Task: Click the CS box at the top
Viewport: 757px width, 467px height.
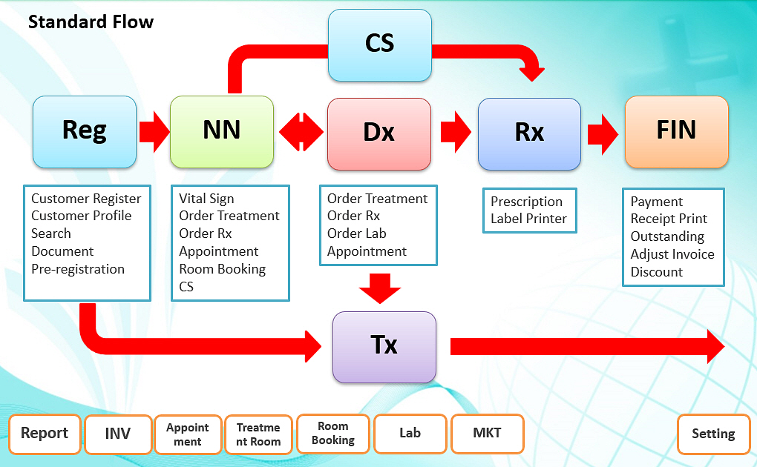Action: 380,45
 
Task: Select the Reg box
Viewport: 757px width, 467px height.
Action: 85,132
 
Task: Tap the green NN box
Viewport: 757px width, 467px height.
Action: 222,132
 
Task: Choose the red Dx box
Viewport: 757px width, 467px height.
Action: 379,133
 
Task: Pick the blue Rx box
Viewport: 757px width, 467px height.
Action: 530,133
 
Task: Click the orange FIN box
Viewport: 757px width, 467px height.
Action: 677,132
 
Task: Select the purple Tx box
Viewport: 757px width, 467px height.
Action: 384,348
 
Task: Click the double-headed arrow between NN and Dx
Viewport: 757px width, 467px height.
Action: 301,132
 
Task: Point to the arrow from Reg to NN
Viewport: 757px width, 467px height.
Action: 154,132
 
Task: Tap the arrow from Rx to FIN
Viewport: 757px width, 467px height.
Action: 603,133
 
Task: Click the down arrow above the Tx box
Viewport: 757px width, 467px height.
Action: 380,288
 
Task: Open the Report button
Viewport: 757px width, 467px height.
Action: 45,434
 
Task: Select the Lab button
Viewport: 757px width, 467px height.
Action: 410,433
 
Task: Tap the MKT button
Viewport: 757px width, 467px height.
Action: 487,433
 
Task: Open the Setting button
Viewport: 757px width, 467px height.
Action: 713,434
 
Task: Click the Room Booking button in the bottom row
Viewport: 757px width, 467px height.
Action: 333,433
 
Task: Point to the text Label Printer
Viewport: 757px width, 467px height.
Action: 528,219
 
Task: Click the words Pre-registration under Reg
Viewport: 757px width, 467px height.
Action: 78,269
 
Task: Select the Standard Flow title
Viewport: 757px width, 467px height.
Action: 91,21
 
